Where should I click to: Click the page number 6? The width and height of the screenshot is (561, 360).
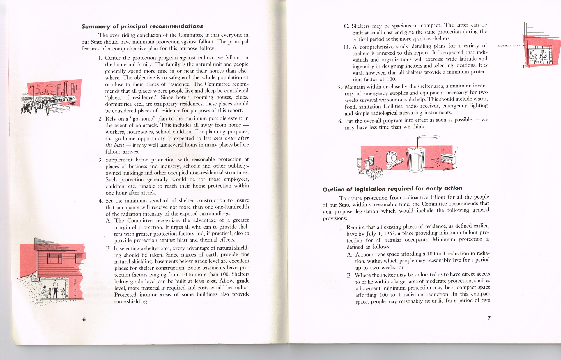pos(84,319)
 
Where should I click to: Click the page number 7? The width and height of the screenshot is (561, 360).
pos(489,318)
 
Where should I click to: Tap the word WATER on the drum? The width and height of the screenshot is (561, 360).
pos(435,159)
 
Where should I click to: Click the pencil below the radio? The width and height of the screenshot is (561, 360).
pos(450,169)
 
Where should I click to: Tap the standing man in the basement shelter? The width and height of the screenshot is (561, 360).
pos(55,289)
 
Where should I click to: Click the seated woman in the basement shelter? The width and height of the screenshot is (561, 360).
pos(45,292)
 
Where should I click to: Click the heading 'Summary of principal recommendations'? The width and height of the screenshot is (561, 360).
pos(142,26)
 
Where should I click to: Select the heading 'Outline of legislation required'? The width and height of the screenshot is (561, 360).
pos(392,189)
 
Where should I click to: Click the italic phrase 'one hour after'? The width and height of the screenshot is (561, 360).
pos(231,138)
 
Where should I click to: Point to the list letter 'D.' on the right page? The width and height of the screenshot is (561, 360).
pos(347,47)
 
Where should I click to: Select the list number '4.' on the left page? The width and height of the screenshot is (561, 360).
pos(101,201)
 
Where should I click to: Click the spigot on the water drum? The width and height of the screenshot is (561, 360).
pos(436,162)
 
